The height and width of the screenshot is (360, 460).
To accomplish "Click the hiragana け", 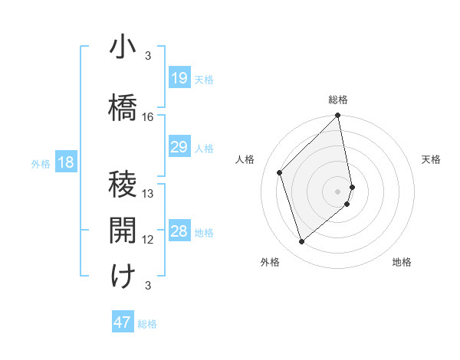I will click(x=123, y=277).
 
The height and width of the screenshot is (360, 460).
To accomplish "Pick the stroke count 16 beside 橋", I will click(x=148, y=117).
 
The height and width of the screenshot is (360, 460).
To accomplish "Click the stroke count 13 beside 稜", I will click(x=148, y=194).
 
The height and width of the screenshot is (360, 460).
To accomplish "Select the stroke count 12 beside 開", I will click(x=148, y=240).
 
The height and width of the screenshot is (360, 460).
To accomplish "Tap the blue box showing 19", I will click(x=179, y=78).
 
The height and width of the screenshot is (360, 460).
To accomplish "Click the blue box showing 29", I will click(x=179, y=147).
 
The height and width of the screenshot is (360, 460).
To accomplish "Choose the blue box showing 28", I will click(x=179, y=231).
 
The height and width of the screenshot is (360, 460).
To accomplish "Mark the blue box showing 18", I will click(x=64, y=162).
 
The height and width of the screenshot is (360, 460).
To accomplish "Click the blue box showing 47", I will click(x=123, y=322).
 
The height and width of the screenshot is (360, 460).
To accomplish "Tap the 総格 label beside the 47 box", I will click(x=147, y=324).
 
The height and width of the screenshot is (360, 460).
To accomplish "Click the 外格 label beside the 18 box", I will click(x=41, y=163).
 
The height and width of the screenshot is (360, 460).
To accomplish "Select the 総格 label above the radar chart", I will click(x=338, y=100).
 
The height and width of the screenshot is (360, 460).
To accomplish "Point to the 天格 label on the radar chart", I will click(x=431, y=159).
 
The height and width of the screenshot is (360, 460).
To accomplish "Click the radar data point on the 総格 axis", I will click(x=337, y=116).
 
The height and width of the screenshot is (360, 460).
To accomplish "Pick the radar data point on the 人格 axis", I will click(x=280, y=172).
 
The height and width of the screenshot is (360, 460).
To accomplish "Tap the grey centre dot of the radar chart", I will click(x=337, y=191).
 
